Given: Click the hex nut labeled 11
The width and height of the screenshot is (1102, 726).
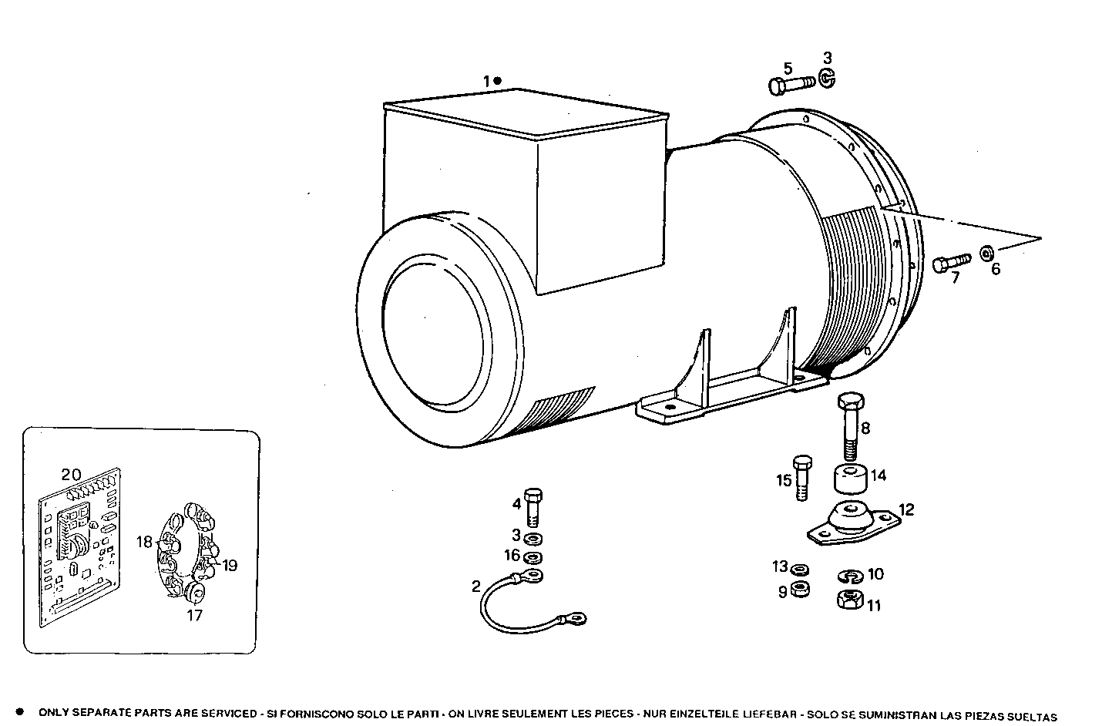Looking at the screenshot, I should pos(848,600).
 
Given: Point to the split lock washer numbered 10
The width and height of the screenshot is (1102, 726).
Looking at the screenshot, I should pos(848,576).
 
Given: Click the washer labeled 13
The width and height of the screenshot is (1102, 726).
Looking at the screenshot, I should pos(801,570).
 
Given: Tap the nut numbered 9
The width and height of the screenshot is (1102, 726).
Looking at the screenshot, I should pos(801,590).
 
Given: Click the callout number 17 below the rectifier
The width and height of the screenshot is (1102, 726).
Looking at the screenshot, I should pos(194,615).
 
